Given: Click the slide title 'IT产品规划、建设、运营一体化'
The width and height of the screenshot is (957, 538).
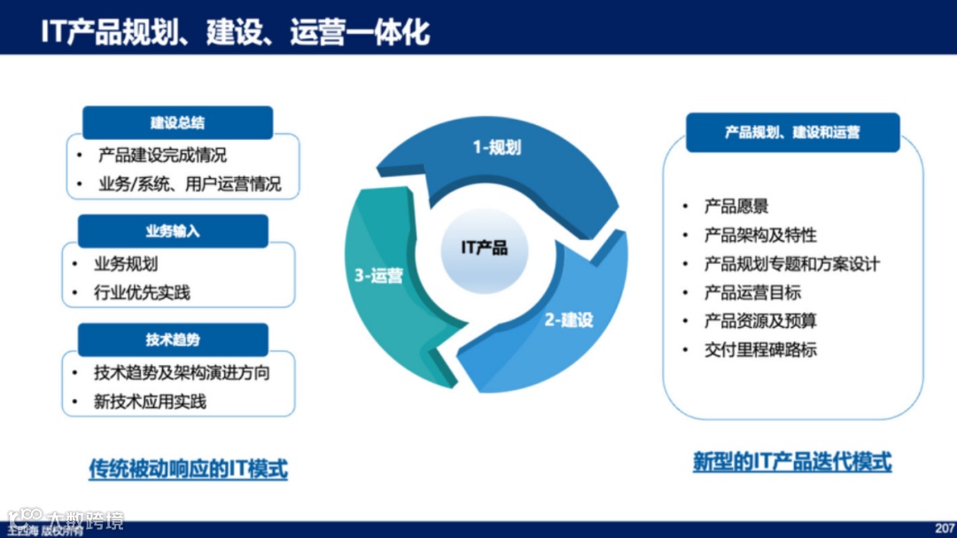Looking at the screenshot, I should (235, 31).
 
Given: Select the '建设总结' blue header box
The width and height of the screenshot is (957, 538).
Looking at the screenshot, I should (177, 123).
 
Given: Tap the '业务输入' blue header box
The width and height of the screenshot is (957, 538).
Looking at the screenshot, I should (173, 231).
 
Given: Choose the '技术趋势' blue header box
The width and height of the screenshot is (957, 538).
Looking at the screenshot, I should (173, 340).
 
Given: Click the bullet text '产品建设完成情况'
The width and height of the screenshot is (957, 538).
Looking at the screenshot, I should (162, 155).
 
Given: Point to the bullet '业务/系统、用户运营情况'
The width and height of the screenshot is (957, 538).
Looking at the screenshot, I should (190, 184).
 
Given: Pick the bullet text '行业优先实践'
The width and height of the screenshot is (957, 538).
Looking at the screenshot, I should (142, 292).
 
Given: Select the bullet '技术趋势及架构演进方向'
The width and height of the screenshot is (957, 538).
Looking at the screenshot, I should (182, 372).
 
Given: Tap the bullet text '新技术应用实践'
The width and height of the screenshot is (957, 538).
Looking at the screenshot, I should (150, 402).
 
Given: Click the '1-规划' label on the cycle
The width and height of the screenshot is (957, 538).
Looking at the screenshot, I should (496, 147).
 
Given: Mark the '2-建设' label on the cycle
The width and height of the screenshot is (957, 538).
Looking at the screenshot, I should (569, 320).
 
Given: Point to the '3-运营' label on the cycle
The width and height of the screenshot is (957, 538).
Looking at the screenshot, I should (379, 276).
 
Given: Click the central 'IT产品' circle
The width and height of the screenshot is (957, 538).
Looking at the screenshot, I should (485, 247).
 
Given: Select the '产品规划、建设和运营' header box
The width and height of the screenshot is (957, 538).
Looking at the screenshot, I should (792, 133).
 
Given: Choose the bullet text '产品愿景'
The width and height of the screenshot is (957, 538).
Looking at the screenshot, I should (736, 207).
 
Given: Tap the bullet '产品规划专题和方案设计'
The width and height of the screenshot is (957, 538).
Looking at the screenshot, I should (791, 264).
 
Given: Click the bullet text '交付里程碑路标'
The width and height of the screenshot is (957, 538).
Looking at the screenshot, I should (760, 349).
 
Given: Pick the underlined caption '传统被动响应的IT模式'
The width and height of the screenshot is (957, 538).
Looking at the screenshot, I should (188, 468).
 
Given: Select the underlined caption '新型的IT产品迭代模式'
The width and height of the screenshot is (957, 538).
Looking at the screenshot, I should (791, 462).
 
